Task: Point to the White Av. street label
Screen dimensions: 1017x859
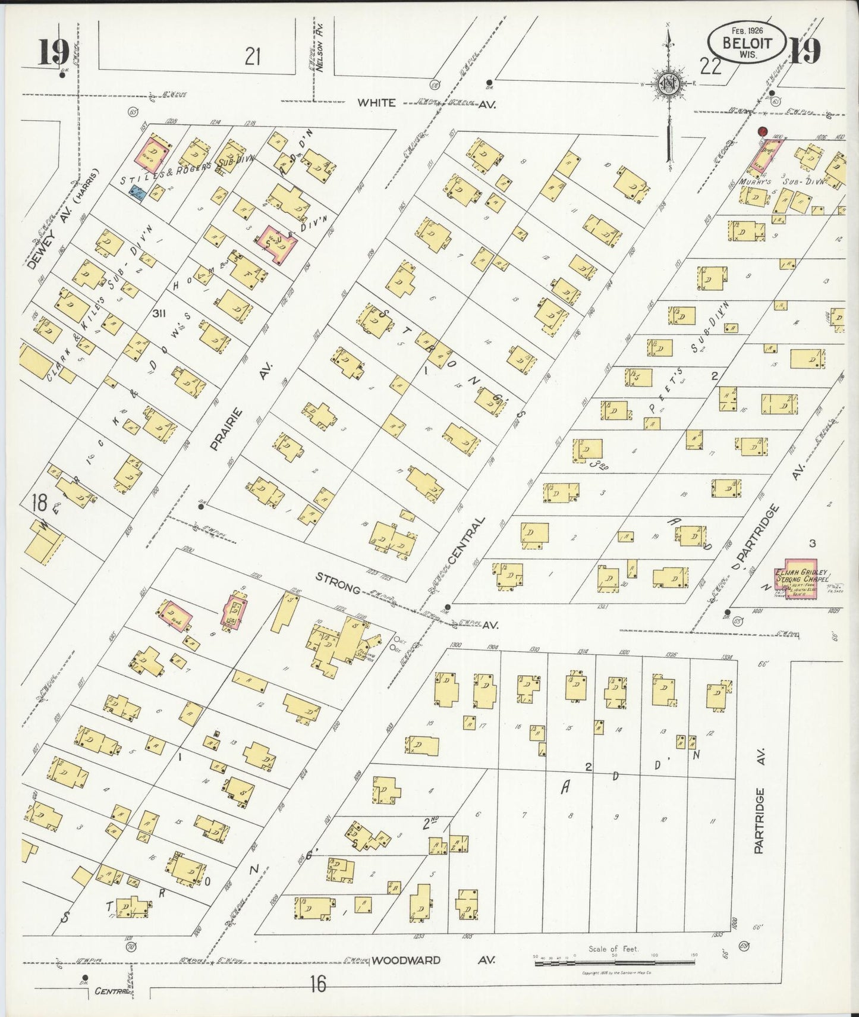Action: (x=376, y=102)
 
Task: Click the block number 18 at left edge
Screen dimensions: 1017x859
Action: (x=40, y=504)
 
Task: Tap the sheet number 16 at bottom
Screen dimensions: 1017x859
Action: (x=318, y=985)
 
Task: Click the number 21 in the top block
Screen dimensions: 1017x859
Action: (x=253, y=57)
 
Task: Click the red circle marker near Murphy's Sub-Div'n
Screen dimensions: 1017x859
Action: (x=762, y=131)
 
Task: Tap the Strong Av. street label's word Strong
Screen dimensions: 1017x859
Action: (x=338, y=583)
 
